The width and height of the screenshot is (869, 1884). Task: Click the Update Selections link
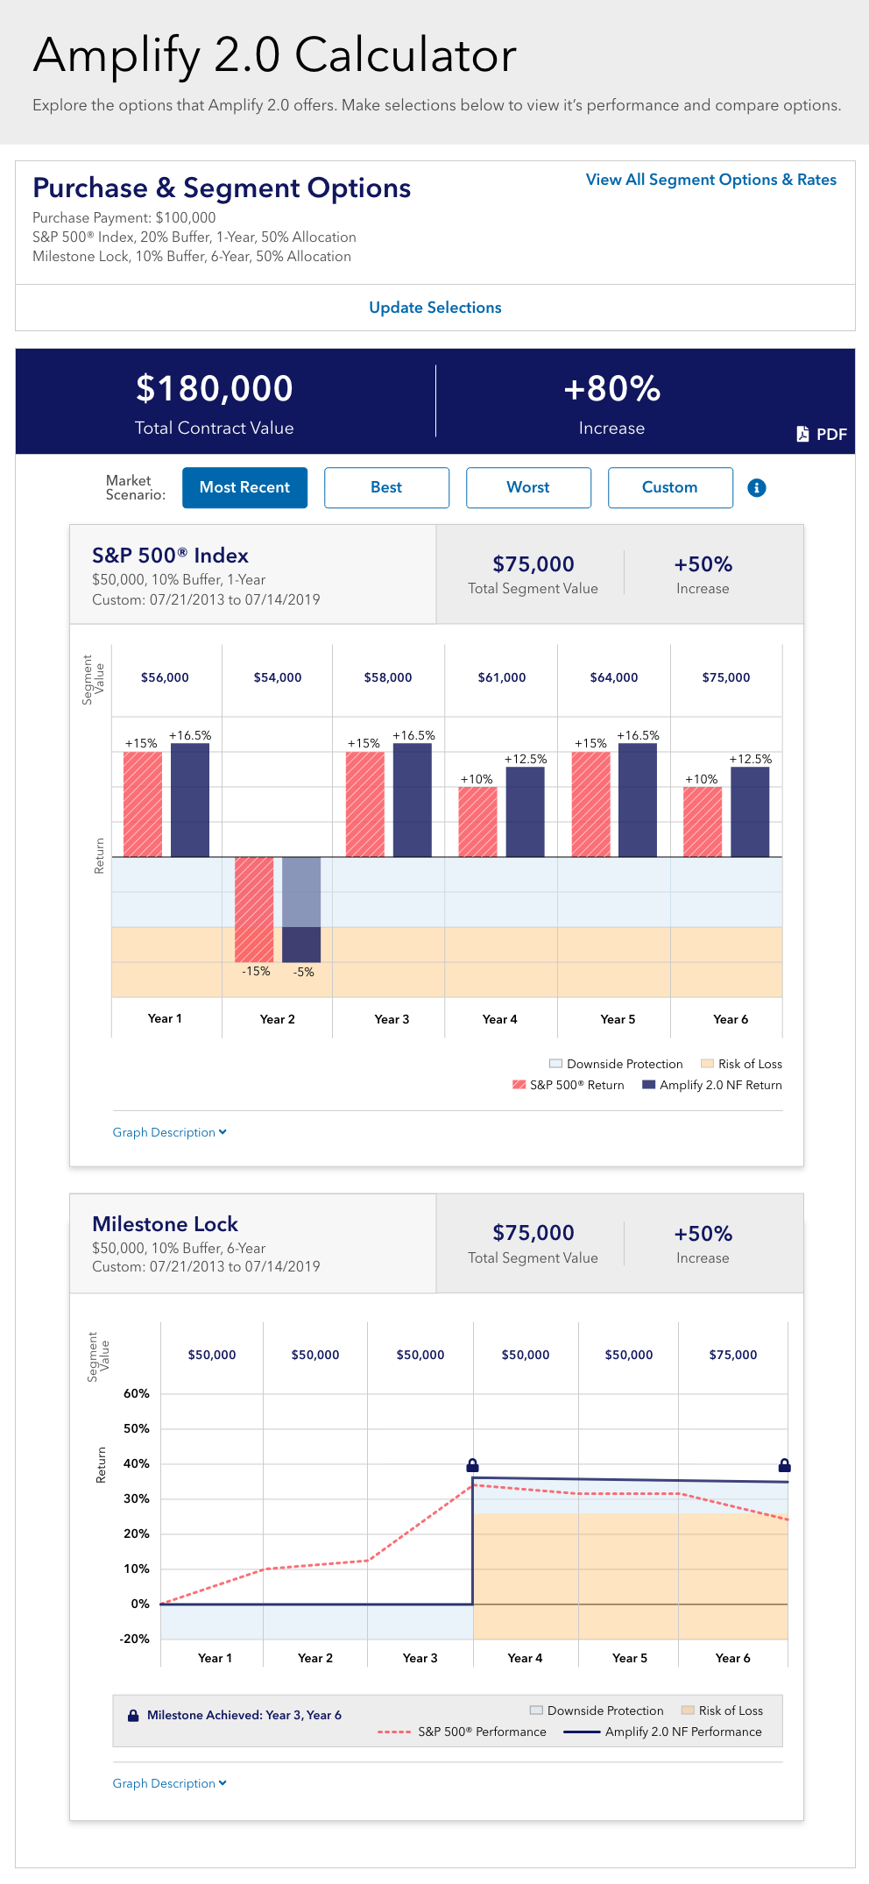pyautogui.click(x=434, y=308)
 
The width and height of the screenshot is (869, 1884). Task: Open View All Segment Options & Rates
pyautogui.click(x=710, y=180)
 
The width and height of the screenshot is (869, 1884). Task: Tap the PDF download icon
pyautogui.click(x=802, y=434)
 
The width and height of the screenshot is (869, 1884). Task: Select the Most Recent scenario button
pyautogui.click(x=244, y=487)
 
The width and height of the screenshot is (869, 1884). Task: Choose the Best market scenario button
pyautogui.click(x=386, y=487)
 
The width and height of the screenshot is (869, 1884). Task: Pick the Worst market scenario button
pyautogui.click(x=528, y=487)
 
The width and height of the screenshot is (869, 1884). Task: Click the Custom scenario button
pyautogui.click(x=670, y=487)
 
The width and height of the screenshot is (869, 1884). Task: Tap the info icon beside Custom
pyautogui.click(x=757, y=488)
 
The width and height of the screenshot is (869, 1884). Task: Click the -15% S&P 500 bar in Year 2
pyautogui.click(x=254, y=909)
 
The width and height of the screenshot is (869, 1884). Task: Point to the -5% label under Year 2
pyautogui.click(x=303, y=972)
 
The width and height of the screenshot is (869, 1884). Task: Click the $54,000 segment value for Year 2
pyautogui.click(x=278, y=677)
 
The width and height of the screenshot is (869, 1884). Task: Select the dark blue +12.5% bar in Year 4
pyautogui.click(x=526, y=811)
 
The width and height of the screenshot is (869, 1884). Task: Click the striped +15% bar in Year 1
pyautogui.click(x=143, y=804)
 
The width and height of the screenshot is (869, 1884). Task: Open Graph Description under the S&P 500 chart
pyautogui.click(x=169, y=1132)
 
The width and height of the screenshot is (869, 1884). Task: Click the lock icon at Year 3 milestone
pyautogui.click(x=472, y=1465)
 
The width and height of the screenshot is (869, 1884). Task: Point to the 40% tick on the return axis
pyautogui.click(x=137, y=1463)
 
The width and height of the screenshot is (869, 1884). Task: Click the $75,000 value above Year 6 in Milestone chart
pyautogui.click(x=733, y=1355)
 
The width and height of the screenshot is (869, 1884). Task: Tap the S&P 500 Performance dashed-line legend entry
pyautogui.click(x=463, y=1732)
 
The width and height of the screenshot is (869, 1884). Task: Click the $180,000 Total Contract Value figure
pyautogui.click(x=215, y=389)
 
